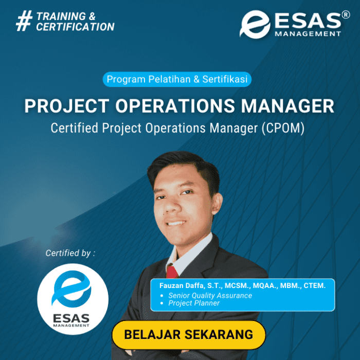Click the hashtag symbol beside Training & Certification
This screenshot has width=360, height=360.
point(23,21)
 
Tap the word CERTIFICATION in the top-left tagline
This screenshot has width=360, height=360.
point(75,27)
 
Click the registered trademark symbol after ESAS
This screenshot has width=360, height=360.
point(345,16)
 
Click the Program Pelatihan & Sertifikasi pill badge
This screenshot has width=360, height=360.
point(177,80)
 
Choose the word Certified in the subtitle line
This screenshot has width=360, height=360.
point(75,129)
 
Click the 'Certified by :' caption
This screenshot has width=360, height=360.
point(70,253)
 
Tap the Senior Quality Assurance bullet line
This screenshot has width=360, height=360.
point(210,295)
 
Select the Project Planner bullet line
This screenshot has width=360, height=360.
point(194,303)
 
